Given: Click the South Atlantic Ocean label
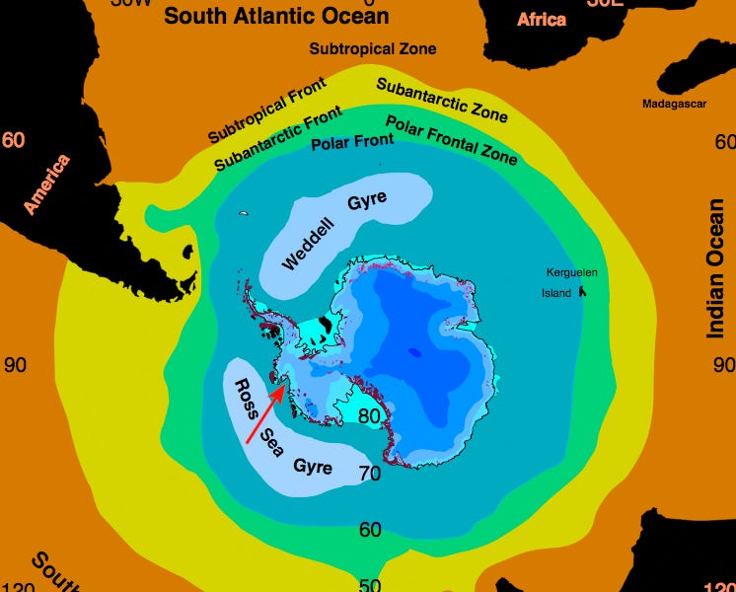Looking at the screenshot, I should [x=276, y=16].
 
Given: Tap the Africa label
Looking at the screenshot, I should [x=542, y=19].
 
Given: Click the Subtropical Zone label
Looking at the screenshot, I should [x=372, y=48].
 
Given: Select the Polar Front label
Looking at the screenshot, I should [x=352, y=142].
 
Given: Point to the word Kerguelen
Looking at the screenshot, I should [x=573, y=273].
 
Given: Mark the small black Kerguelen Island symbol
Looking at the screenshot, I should [x=582, y=291].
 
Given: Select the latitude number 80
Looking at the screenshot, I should [x=369, y=416].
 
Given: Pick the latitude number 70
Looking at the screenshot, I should [x=370, y=474].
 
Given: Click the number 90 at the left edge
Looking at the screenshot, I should [x=15, y=365].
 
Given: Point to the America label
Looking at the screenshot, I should [x=47, y=185].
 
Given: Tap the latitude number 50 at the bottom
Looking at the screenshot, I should [x=370, y=584].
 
